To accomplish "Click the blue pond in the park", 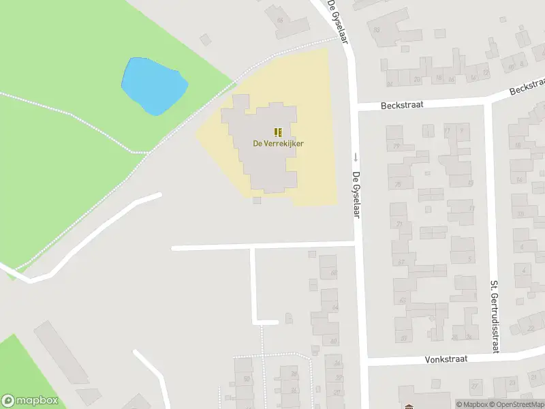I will pyautogui.click(x=154, y=86).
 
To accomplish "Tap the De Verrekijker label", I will pyautogui.click(x=278, y=143).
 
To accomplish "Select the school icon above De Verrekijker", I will pyautogui.click(x=278, y=132).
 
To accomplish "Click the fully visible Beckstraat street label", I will pyautogui.click(x=384, y=106).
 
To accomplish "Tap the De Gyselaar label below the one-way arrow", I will pyautogui.click(x=356, y=194).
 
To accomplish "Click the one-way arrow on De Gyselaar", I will pyautogui.click(x=355, y=156).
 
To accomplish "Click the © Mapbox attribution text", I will pyautogui.click(x=471, y=404).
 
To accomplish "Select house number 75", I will pyautogui.click(x=398, y=185).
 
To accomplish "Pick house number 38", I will pyautogui.click(x=294, y=374).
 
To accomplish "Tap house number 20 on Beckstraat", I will pyautogui.click(x=416, y=80).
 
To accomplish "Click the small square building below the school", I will pyautogui.click(x=257, y=200).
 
